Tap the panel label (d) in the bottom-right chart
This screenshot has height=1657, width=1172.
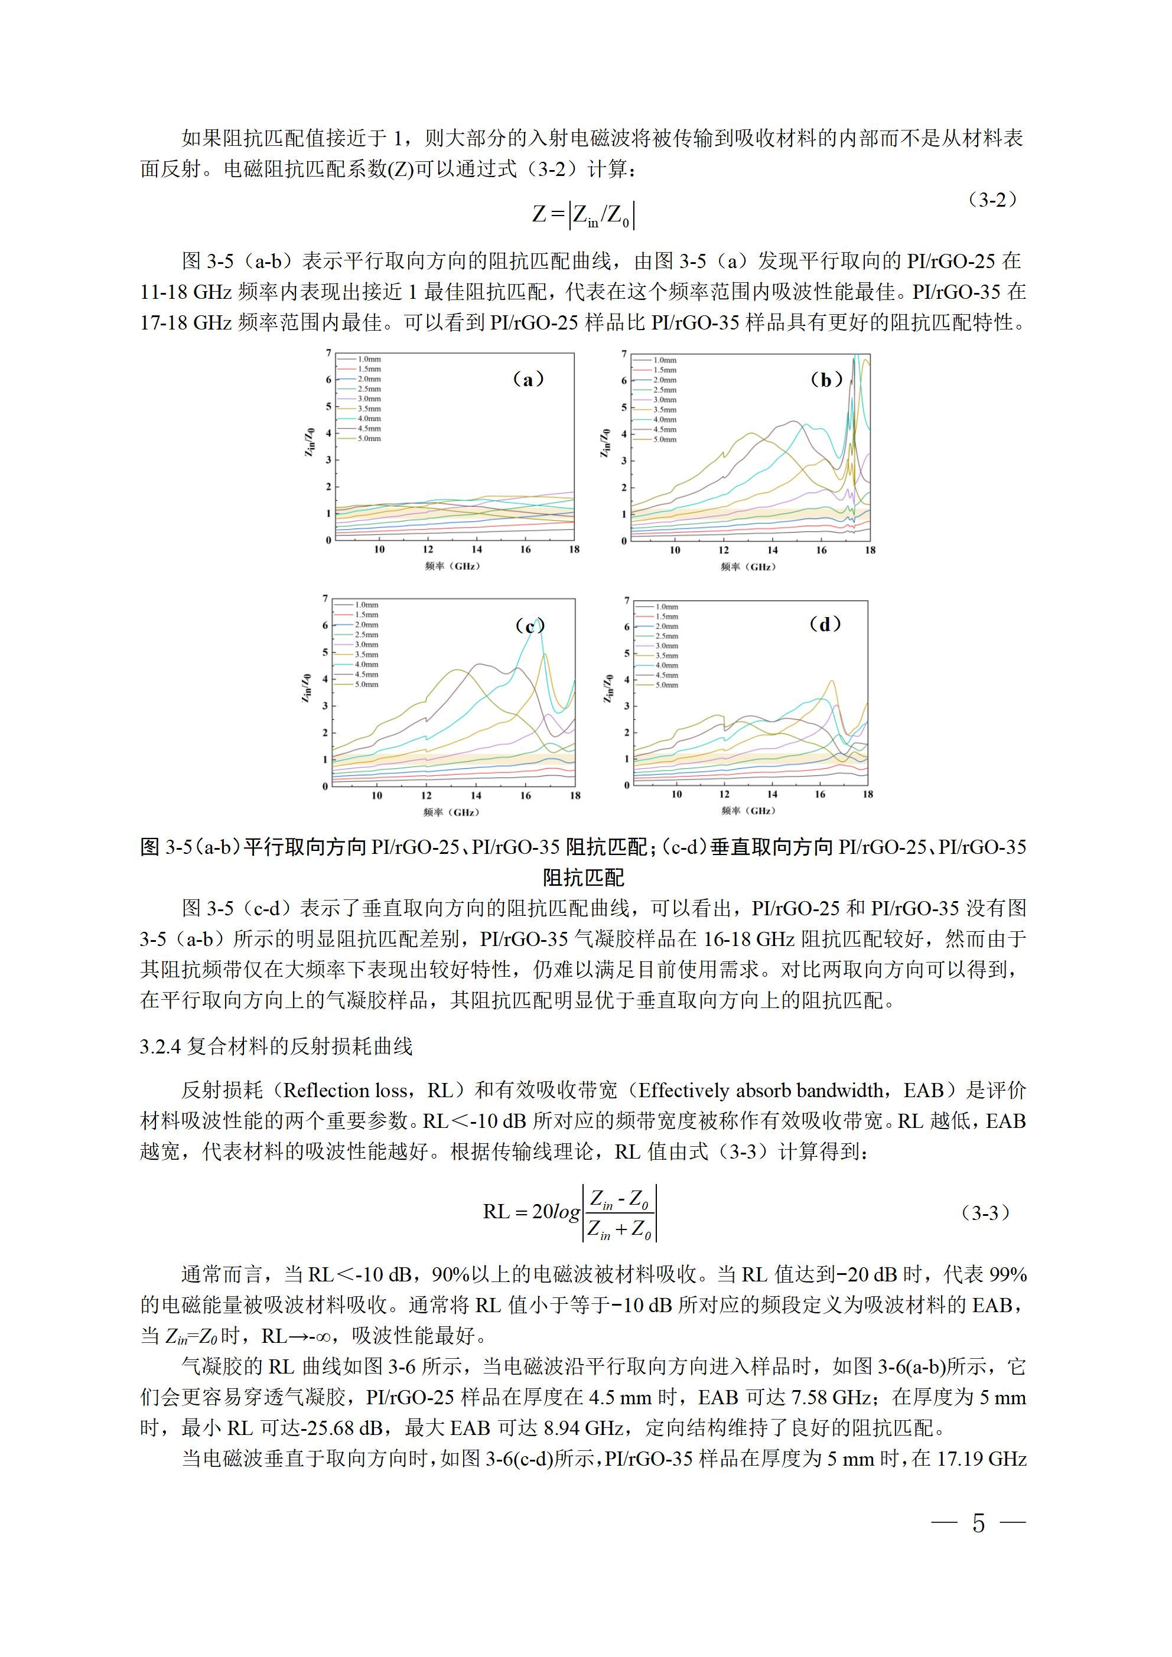pyautogui.click(x=825, y=624)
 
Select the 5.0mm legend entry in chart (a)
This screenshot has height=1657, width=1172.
pyautogui.click(x=368, y=439)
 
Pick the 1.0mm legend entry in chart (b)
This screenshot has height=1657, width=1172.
pyautogui.click(x=665, y=360)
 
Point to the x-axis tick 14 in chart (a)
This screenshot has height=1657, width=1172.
pyautogui.click(x=477, y=550)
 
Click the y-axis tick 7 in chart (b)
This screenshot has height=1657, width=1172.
pyautogui.click(x=624, y=354)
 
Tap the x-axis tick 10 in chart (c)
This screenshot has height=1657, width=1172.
pyautogui.click(x=377, y=796)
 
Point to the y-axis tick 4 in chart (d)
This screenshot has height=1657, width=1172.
pyautogui.click(x=626, y=680)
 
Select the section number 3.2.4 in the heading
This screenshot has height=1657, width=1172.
pyautogui.click(x=159, y=1047)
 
